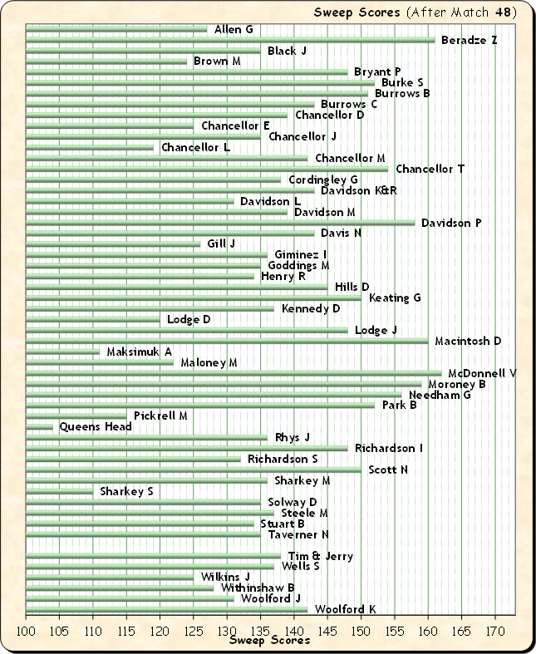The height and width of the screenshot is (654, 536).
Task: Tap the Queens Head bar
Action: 40,427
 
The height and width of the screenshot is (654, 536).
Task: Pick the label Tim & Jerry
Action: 321,557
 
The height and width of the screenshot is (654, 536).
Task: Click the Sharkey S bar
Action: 60,492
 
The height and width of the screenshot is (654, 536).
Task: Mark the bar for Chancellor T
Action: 207,170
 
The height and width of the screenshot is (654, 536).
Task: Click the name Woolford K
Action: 346,610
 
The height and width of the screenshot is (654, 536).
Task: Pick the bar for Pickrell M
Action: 76,416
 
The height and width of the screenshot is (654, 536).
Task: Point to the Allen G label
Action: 234,30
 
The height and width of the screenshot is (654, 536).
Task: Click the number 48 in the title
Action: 502,12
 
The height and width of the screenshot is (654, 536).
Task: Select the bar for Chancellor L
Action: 90,148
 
